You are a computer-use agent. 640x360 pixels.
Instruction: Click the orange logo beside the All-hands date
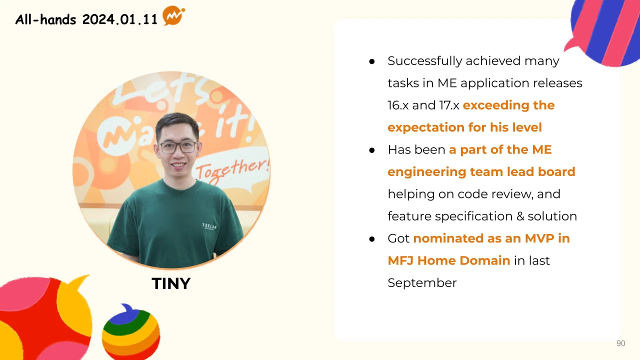(x=173, y=15)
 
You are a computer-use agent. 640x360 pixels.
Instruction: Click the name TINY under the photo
(x=171, y=283)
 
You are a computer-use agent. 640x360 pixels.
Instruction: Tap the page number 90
(x=620, y=343)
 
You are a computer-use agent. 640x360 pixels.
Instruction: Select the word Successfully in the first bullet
(x=424, y=61)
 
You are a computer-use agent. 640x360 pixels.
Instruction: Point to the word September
(x=422, y=283)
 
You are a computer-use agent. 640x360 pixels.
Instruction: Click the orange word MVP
(x=539, y=238)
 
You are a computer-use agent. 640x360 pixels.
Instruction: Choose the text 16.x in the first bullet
(x=397, y=105)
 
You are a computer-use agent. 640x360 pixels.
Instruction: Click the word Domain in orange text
(x=485, y=260)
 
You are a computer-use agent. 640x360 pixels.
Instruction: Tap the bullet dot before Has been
(x=371, y=150)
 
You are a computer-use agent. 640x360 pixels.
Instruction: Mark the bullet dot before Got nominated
(x=371, y=239)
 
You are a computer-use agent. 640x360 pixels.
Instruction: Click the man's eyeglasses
(x=177, y=147)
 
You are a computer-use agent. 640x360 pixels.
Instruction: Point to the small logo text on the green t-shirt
(x=209, y=226)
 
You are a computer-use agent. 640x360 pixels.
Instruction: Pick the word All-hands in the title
(x=45, y=19)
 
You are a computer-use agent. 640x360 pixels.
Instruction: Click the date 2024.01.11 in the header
(x=119, y=19)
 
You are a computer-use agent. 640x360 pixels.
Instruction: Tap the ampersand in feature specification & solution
(x=520, y=216)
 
